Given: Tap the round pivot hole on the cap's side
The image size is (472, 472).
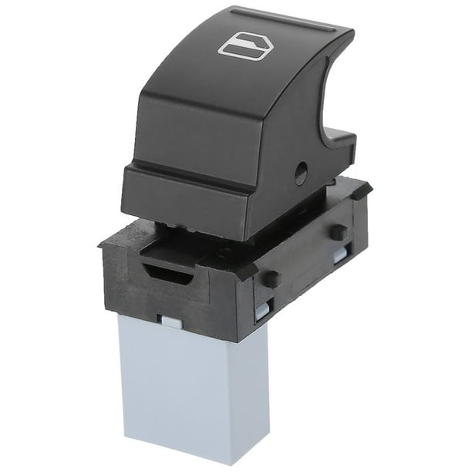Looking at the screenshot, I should pos(301,174).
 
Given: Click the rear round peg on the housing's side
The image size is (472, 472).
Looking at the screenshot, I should pos(337,231).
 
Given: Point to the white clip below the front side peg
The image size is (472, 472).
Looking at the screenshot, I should pos(263,310).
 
